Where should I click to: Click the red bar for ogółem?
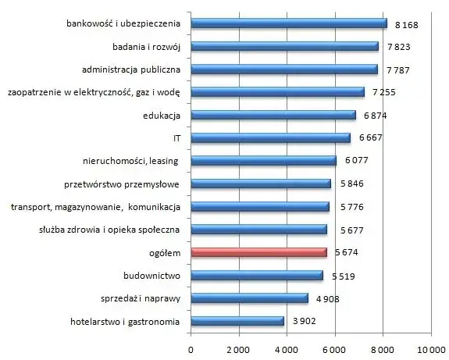click(x=259, y=252)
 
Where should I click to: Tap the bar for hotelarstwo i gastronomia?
click(x=237, y=321)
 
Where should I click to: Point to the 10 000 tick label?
click(x=431, y=349)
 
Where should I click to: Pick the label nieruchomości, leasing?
click(x=130, y=161)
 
